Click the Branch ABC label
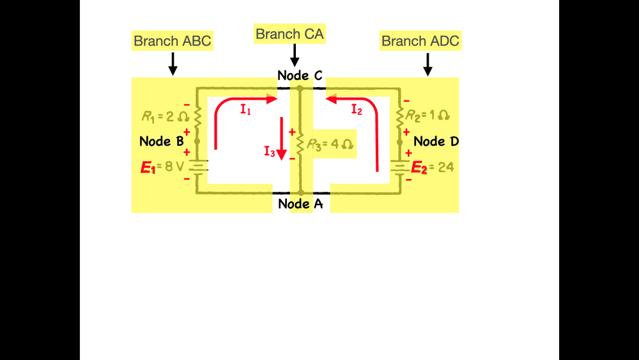pyautogui.click(x=172, y=42)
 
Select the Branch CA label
pyautogui.click(x=289, y=34)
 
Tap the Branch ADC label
pyautogui.click(x=420, y=42)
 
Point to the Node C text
pyautogui.click(x=300, y=75)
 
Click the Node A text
pyautogui.click(x=300, y=204)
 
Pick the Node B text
pyautogui.click(x=162, y=141)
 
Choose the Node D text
pyautogui.click(x=436, y=141)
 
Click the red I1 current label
pyautogui.click(x=246, y=109)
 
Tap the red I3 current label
pyautogui.click(x=270, y=152)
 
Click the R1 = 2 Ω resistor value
pyautogui.click(x=165, y=117)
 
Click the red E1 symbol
pyautogui.click(x=148, y=168)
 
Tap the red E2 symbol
pyautogui.click(x=419, y=168)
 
